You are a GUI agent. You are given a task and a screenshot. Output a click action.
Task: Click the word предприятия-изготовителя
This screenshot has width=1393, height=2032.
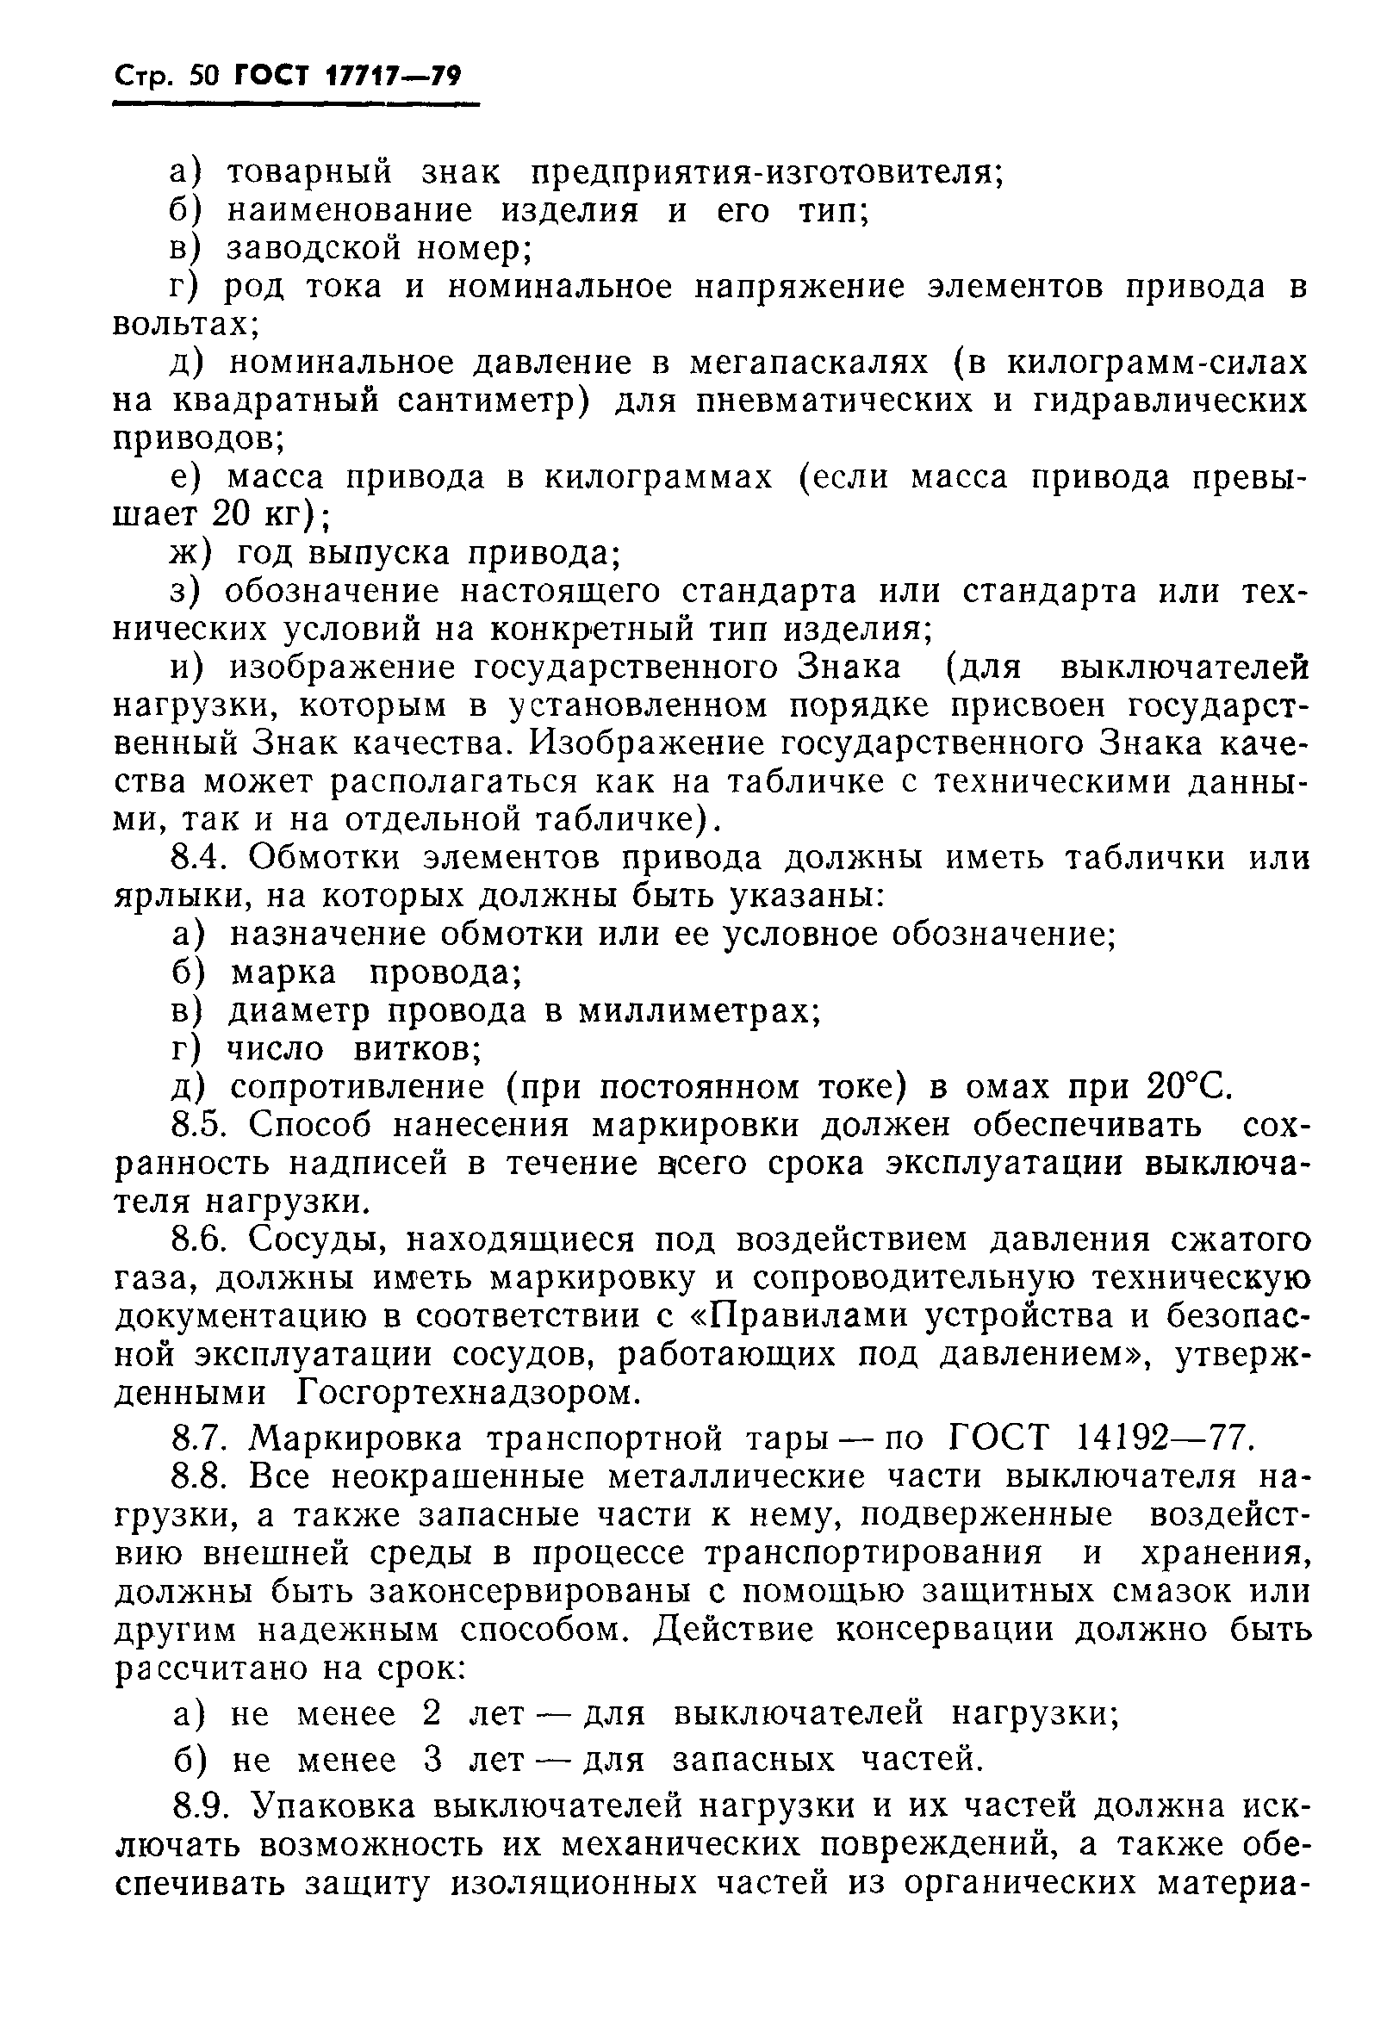768,173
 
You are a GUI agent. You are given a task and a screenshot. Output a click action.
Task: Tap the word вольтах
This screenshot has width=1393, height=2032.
184,326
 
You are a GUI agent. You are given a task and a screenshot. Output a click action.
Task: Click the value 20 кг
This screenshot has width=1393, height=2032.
260,514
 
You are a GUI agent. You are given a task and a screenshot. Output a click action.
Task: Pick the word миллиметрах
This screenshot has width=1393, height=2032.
699,1011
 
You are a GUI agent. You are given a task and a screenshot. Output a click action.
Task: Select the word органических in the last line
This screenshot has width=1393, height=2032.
1017,1881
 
